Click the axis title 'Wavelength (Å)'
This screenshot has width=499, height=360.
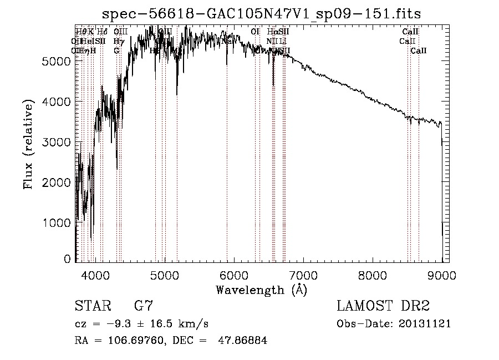pos(261,290)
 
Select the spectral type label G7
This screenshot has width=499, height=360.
pos(144,306)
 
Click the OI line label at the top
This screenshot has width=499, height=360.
pos(255,32)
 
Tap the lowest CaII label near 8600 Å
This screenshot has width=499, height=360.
pos(419,51)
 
